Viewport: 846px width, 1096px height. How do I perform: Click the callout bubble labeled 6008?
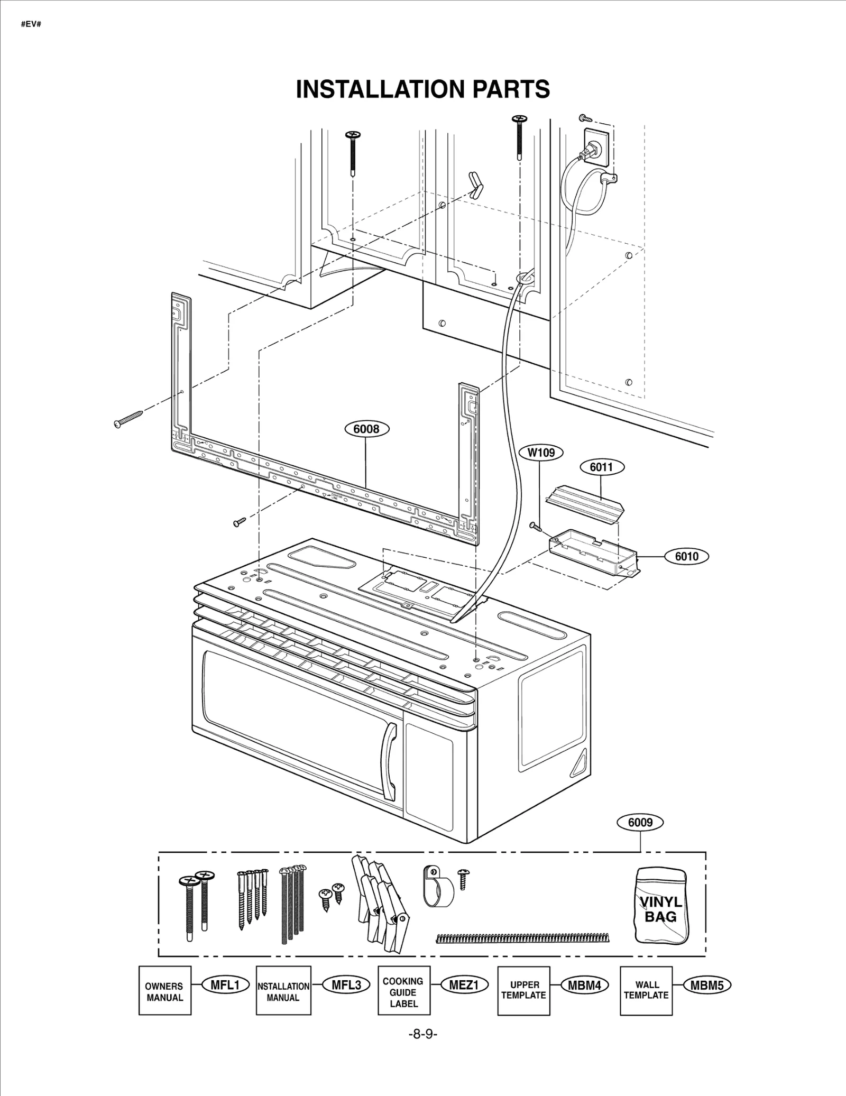(x=366, y=429)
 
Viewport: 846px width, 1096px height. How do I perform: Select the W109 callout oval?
(x=541, y=453)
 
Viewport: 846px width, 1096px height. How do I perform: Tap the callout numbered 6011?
(x=602, y=467)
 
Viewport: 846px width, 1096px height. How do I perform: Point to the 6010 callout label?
(x=686, y=556)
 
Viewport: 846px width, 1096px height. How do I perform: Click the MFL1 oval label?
(x=225, y=985)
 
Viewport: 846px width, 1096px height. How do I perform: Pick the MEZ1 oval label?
(x=464, y=985)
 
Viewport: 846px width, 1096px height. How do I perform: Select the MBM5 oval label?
(x=707, y=985)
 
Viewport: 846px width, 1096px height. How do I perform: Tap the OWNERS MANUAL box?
(x=164, y=992)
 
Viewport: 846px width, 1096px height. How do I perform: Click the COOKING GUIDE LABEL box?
(x=403, y=992)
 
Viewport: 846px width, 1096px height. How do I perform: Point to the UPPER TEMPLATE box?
(x=523, y=992)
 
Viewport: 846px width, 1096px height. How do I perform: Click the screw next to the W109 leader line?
(x=536, y=526)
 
